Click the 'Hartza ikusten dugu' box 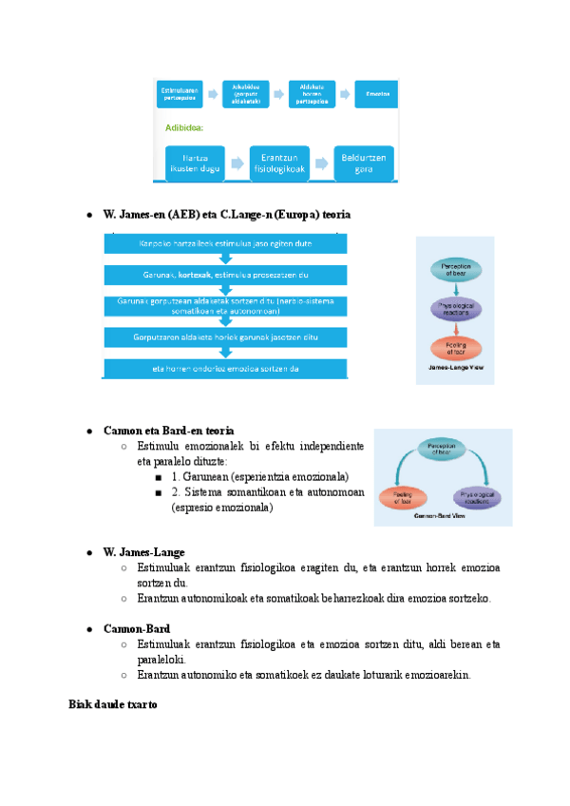195,163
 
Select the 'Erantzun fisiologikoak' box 280,163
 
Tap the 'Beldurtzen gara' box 364,163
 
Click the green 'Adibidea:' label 184,126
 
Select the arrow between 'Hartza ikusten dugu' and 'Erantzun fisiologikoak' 237,163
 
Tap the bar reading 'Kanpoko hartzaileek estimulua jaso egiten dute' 224,244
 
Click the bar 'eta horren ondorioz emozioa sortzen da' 224,369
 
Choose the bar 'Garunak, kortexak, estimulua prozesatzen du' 224,276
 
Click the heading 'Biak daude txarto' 112,705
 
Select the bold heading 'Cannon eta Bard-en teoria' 168,431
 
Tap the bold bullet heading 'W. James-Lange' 143,551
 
